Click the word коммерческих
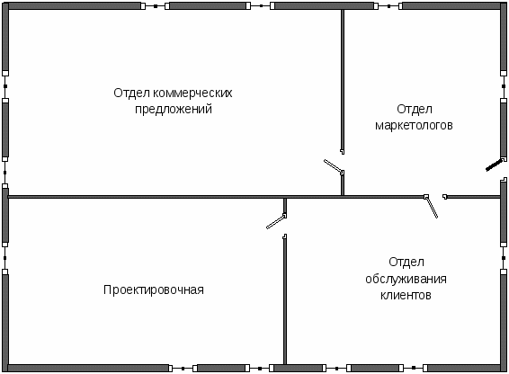192,93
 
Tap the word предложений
174,109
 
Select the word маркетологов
414,125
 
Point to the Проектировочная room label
154,289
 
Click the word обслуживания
406,279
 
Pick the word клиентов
406,295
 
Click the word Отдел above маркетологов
415,109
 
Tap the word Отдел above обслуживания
406,262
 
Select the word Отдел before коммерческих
132,93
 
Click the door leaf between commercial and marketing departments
334,166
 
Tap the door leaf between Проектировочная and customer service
276,221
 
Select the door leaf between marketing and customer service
432,207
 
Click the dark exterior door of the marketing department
496,165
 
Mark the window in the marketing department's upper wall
388,5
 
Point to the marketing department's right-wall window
504,86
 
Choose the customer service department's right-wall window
504,258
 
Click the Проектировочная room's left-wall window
4,258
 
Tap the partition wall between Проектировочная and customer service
285,299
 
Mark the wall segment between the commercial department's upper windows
208,5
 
